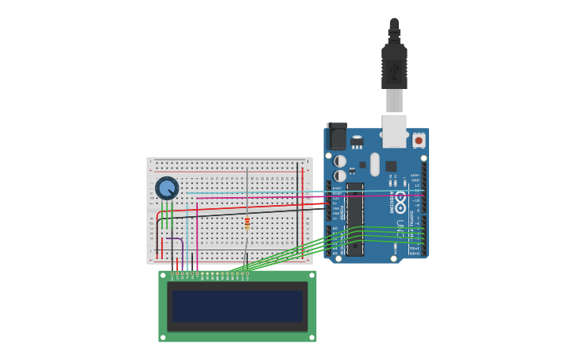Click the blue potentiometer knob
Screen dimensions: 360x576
click(167, 188)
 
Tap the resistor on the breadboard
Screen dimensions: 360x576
click(247, 223)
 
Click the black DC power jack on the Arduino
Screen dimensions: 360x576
click(338, 137)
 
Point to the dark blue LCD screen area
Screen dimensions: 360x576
click(238, 306)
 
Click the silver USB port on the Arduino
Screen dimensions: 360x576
click(394, 131)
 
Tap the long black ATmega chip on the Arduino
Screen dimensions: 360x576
click(354, 219)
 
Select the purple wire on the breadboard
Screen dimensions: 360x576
click(176, 239)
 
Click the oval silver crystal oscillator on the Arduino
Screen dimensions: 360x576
click(375, 164)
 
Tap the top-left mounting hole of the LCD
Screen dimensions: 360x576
click(162, 274)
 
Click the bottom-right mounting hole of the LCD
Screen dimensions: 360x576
click(312, 338)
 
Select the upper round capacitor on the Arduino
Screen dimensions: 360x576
click(340, 161)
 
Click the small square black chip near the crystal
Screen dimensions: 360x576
click(391, 166)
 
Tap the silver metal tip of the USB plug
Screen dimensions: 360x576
click(394, 101)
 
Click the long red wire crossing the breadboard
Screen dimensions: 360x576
click(246, 207)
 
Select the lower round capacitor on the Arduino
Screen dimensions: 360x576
click(340, 176)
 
